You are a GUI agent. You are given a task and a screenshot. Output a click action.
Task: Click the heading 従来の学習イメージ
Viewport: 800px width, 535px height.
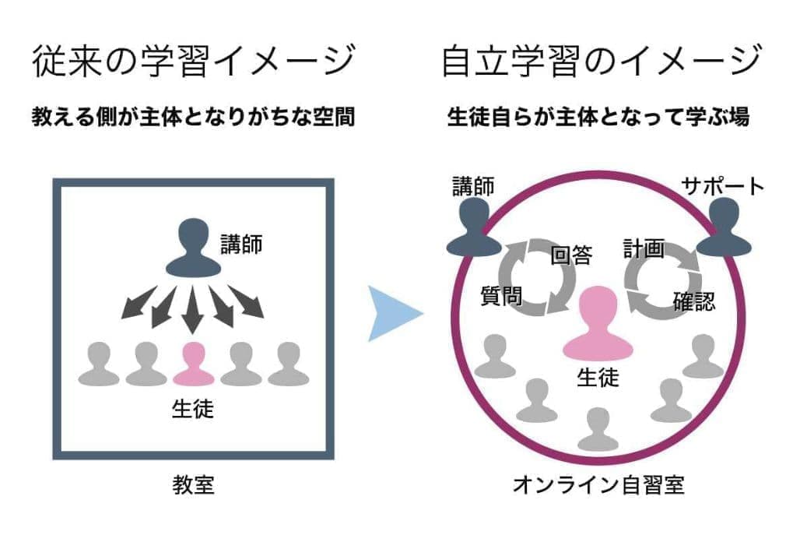pyautogui.click(x=194, y=62)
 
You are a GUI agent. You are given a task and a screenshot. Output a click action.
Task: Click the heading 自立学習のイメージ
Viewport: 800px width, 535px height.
pyautogui.click(x=600, y=62)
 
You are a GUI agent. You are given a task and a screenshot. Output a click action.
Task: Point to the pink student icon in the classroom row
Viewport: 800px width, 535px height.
pyautogui.click(x=193, y=364)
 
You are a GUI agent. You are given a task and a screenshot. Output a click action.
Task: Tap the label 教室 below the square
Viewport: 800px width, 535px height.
pyautogui.click(x=193, y=486)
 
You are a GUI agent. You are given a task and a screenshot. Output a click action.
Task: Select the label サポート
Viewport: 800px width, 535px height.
pyautogui.click(x=723, y=186)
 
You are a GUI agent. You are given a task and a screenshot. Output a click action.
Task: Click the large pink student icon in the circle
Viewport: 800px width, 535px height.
pyautogui.click(x=598, y=322)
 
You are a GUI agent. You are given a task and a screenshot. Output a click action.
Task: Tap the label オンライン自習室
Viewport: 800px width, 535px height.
pyautogui.click(x=598, y=486)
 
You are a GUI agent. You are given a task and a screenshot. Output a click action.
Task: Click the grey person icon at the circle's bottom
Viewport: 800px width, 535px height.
pyautogui.click(x=598, y=428)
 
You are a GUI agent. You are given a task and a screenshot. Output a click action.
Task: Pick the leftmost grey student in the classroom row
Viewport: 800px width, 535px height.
pyautogui.click(x=99, y=364)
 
